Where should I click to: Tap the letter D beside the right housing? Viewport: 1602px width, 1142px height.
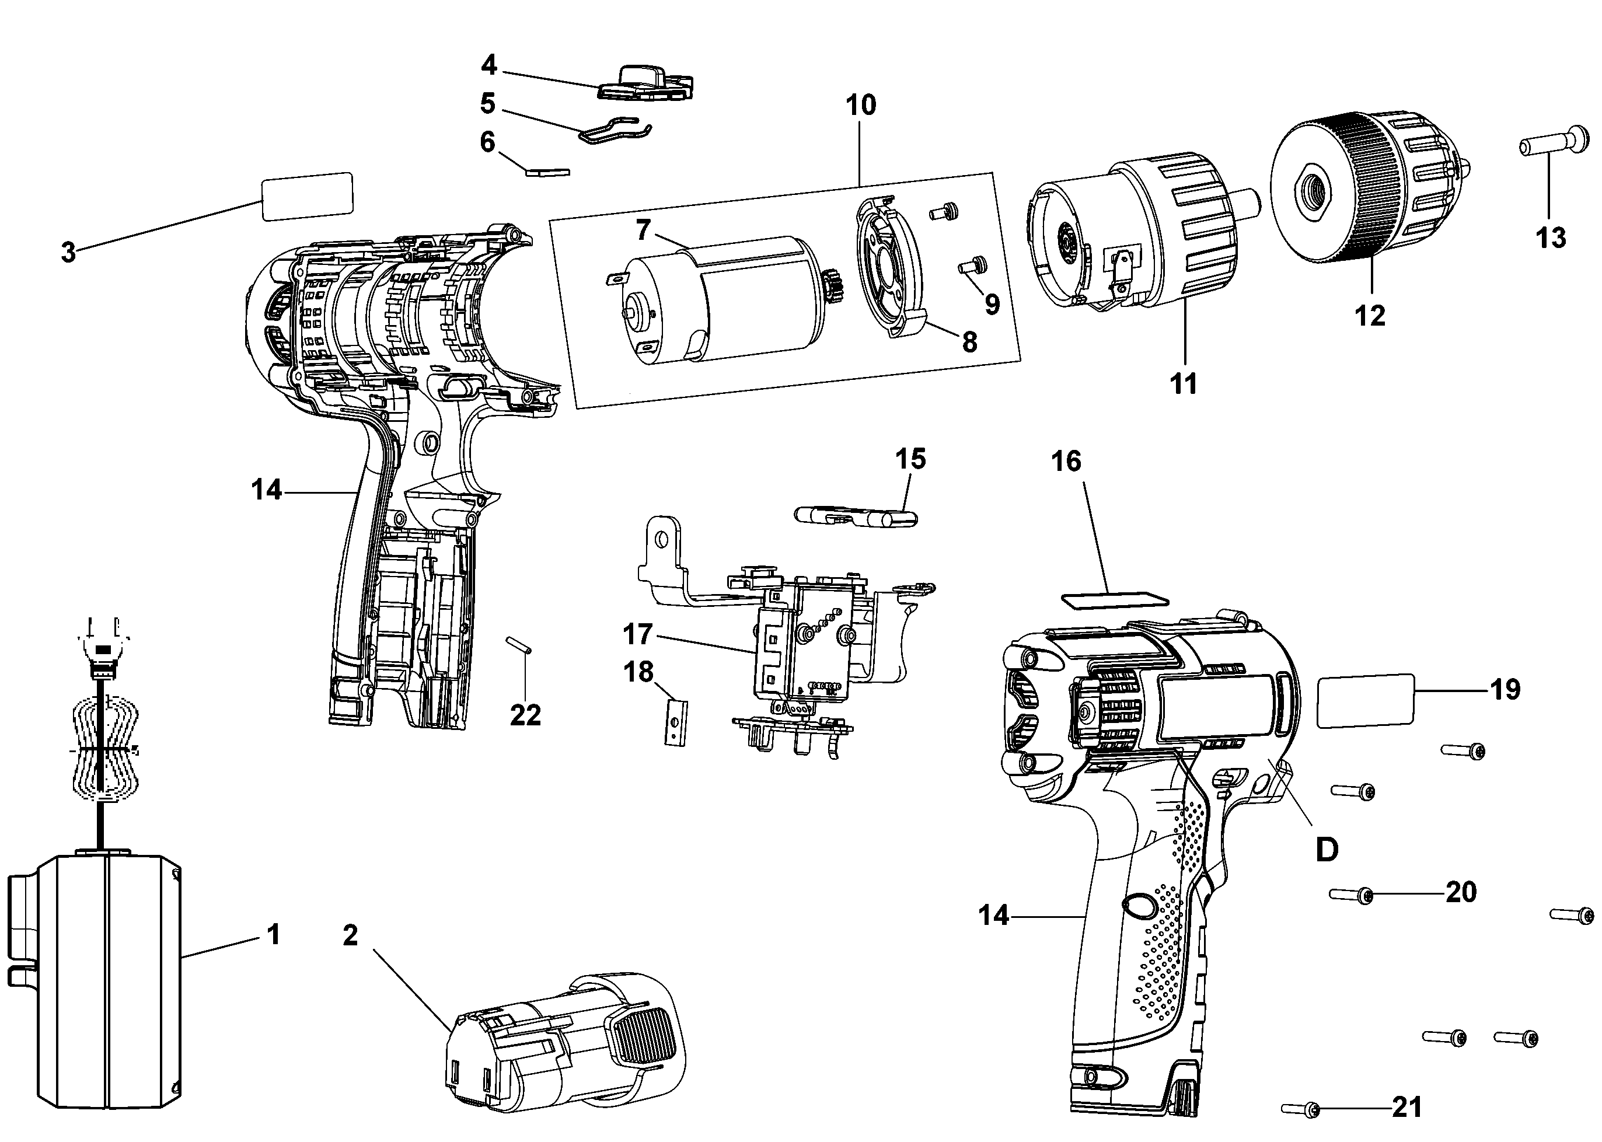pos(1327,850)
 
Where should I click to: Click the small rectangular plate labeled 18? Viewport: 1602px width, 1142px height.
pos(677,721)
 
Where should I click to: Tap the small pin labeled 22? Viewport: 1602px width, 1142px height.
pos(519,645)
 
